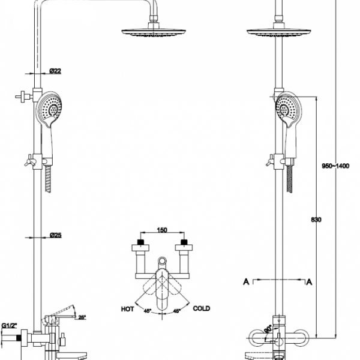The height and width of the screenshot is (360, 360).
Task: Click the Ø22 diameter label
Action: [55, 71]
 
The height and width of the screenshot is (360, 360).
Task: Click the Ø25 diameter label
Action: [55, 235]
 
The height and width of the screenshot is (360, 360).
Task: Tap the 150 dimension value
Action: [161, 230]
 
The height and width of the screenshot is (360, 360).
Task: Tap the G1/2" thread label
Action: [9, 325]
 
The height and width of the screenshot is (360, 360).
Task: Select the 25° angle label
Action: [82, 317]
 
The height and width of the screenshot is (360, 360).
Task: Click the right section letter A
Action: [310, 280]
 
